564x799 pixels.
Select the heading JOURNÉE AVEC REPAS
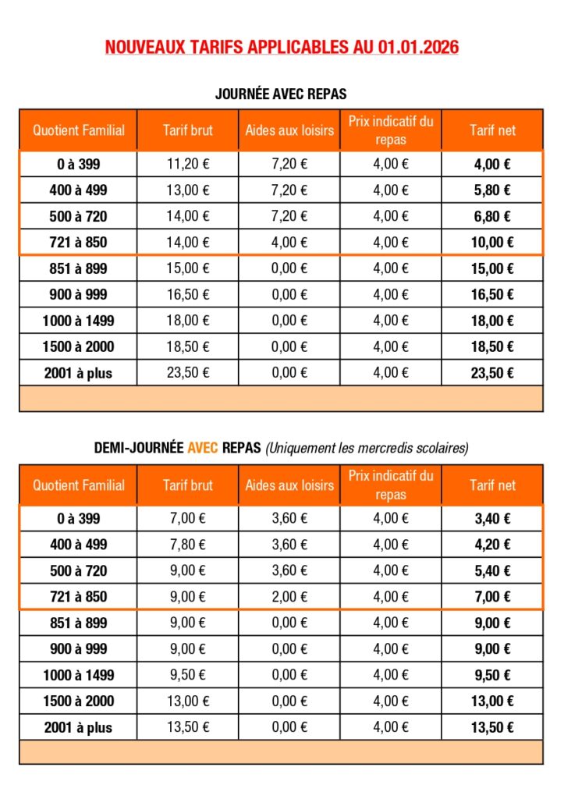(281, 94)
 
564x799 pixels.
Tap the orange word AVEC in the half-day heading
(203, 449)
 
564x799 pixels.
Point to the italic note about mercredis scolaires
(367, 449)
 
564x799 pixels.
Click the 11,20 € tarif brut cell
(188, 164)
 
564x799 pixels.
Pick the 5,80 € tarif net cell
(492, 190)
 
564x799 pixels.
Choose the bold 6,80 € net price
(492, 216)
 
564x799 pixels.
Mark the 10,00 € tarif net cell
(492, 243)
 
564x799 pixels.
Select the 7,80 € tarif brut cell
(188, 544)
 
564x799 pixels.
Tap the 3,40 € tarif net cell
(492, 518)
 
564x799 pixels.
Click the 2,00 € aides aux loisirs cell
(289, 597)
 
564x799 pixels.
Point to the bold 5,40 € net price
(492, 570)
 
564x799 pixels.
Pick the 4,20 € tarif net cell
(492, 544)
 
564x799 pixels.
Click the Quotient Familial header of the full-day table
(78, 130)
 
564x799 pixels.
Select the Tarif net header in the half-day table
(492, 485)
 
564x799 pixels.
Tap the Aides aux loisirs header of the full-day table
(289, 130)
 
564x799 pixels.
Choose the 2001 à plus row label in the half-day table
(78, 727)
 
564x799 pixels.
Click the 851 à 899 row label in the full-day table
(78, 268)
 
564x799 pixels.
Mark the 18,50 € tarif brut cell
(188, 346)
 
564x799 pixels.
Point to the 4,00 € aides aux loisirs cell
(289, 243)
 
